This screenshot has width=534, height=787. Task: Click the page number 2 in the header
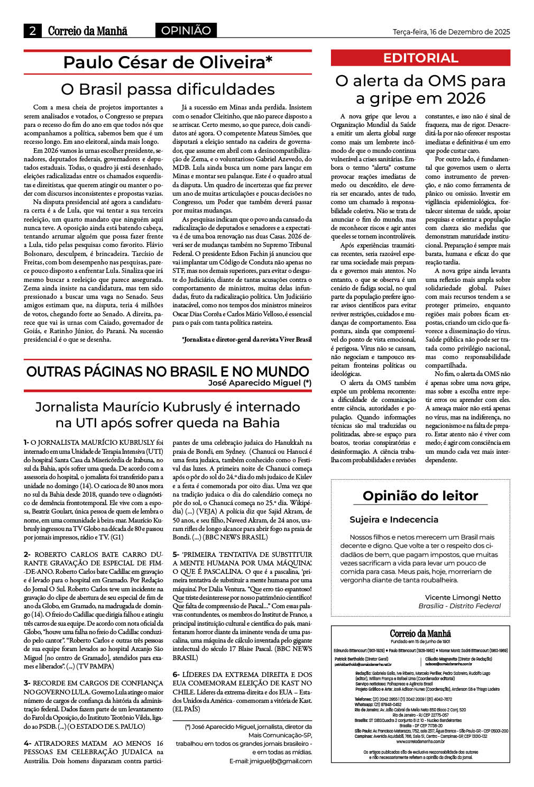tap(33, 31)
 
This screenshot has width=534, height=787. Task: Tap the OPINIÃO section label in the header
tap(186, 31)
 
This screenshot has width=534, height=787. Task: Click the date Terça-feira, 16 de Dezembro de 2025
tap(451, 32)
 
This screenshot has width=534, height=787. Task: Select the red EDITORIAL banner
tap(420, 58)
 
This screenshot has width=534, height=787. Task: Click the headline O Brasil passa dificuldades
tap(168, 89)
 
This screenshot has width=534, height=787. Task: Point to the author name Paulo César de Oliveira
tap(168, 62)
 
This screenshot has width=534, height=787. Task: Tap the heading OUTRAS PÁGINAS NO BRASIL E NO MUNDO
tap(168, 371)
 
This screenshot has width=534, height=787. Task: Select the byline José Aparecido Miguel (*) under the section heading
tap(260, 383)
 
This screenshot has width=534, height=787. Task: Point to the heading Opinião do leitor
tap(420, 496)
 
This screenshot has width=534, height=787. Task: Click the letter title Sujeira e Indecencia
tap(394, 519)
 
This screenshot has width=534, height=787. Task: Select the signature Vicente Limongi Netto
tap(463, 597)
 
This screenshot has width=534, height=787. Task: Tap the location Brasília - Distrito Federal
tap(459, 606)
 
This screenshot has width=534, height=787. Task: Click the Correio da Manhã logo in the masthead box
tap(420, 634)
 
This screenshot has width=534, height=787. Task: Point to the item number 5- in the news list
tap(176, 554)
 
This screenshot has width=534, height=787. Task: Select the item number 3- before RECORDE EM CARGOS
tap(27, 683)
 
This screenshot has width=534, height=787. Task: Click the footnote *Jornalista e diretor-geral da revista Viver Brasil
tap(246, 339)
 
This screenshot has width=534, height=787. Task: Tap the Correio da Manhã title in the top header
tap(87, 31)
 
